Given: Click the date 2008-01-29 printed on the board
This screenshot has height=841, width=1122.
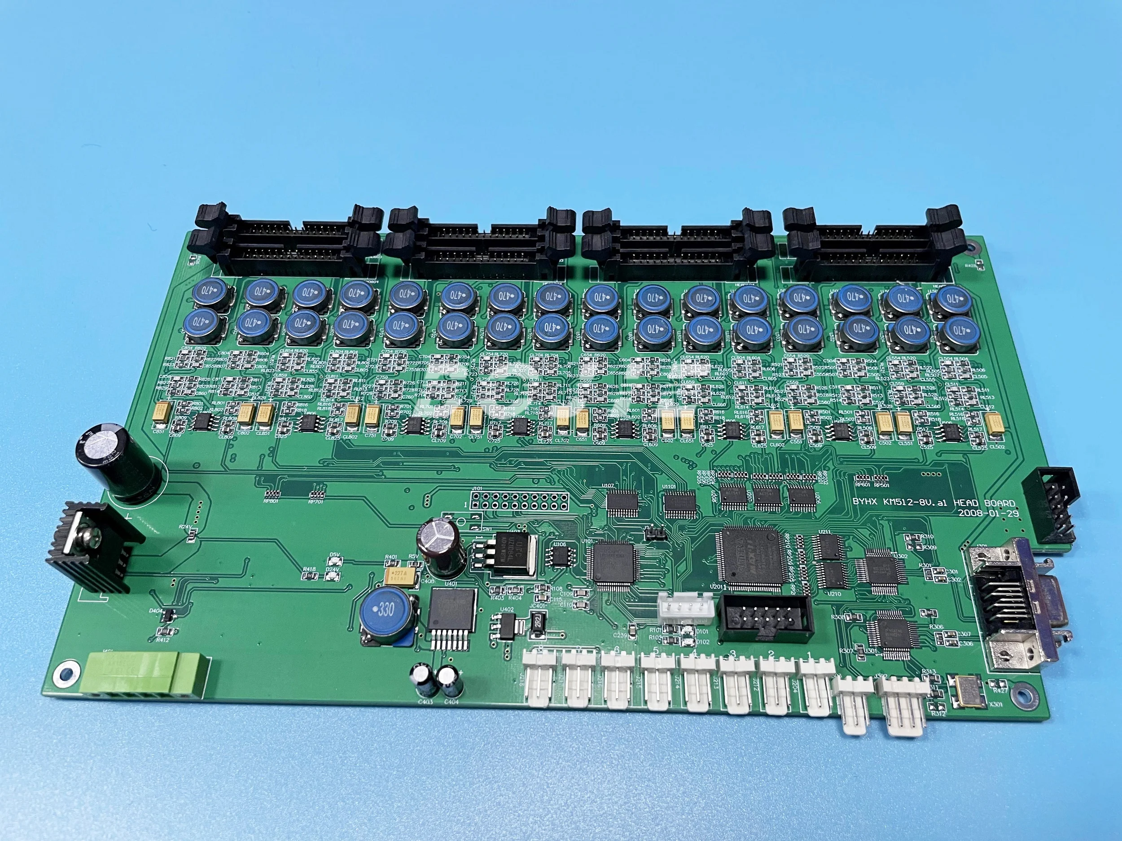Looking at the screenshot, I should [x=987, y=513].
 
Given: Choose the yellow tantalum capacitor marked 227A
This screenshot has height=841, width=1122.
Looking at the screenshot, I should [x=402, y=576].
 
